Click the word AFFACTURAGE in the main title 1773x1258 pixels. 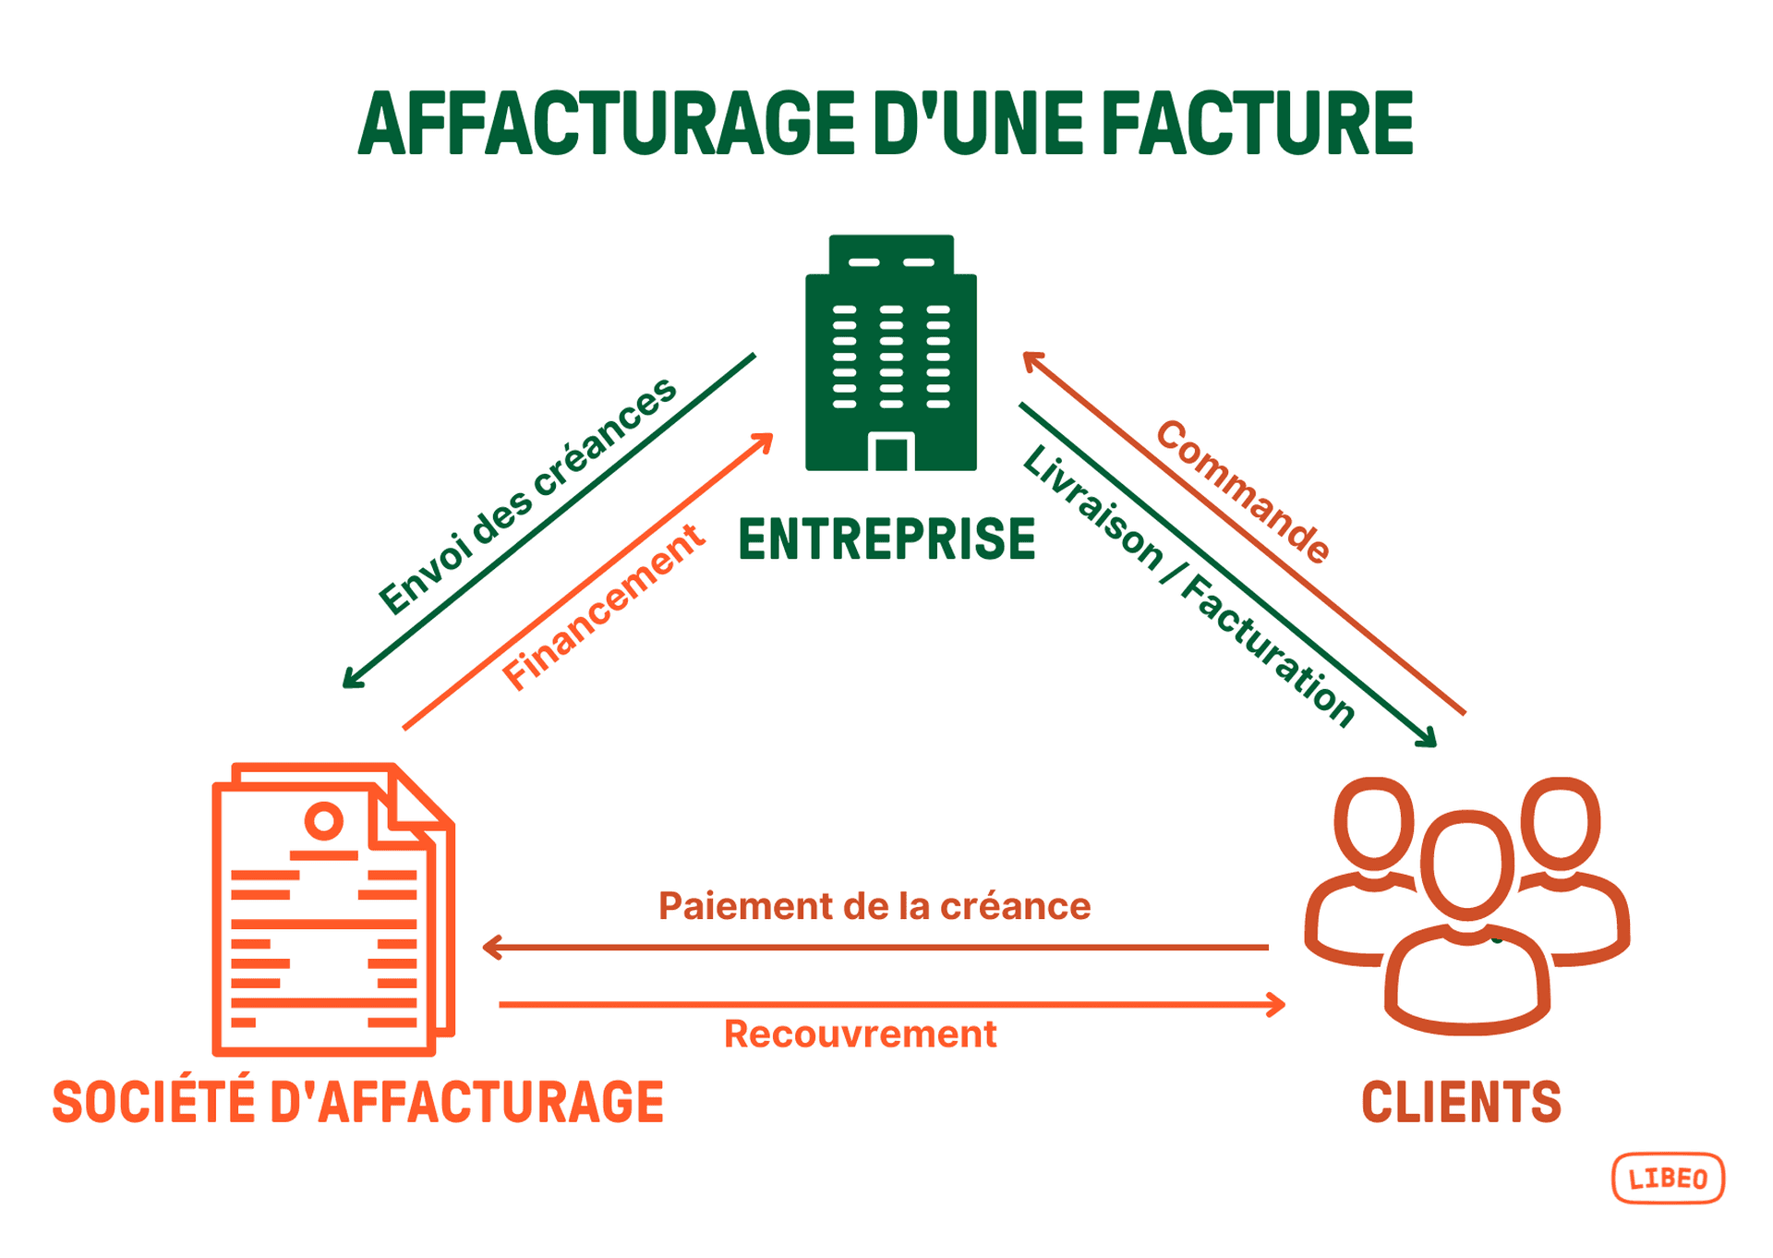point(607,123)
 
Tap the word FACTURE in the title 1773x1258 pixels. point(1257,123)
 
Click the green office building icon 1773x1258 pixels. point(890,353)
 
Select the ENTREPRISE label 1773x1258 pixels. point(886,539)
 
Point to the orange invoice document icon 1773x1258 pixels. point(332,909)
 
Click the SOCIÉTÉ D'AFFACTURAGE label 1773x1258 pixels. point(358,1102)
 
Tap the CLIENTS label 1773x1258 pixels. point(1461,1102)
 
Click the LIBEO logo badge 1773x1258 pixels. point(1668,1178)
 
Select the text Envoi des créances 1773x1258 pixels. point(527,496)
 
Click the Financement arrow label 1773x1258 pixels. point(603,607)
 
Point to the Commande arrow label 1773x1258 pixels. point(1243,490)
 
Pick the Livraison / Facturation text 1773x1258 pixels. point(1188,586)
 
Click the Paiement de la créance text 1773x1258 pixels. point(874,906)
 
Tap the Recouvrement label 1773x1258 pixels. point(860,1034)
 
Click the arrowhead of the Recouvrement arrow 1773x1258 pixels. point(1279,1004)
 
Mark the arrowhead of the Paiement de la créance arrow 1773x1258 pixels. point(489,947)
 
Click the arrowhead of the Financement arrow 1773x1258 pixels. point(765,440)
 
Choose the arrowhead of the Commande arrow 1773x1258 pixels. point(1030,358)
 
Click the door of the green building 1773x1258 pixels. point(891,453)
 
